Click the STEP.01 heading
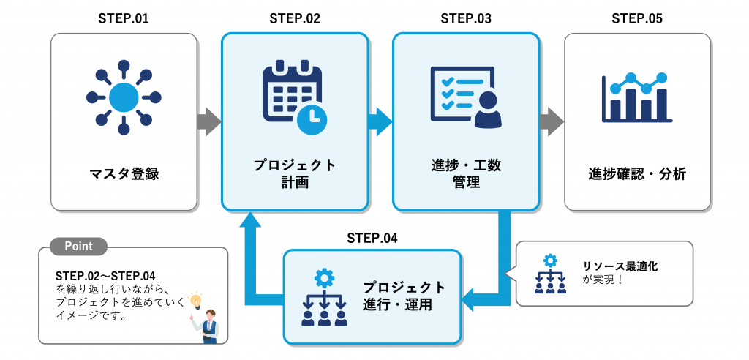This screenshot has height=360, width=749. click(x=124, y=19)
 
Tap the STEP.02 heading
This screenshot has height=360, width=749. click(x=295, y=19)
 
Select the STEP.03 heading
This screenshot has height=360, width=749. click(x=466, y=19)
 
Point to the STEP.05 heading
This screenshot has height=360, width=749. click(x=637, y=19)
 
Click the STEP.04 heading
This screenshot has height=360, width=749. click(x=372, y=238)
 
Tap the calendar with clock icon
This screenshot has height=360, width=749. click(x=295, y=98)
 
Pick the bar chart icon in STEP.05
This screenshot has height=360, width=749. click(x=636, y=97)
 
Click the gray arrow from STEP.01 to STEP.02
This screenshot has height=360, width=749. click(x=209, y=121)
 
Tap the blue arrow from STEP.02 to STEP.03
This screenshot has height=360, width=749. click(x=380, y=121)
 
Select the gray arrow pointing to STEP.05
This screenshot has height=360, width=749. click(x=552, y=121)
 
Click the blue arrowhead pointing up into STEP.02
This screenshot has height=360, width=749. click(x=251, y=222)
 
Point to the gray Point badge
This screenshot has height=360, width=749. click(x=78, y=247)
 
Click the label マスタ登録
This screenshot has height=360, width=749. click(x=124, y=174)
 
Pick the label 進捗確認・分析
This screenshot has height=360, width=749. click(x=637, y=174)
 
